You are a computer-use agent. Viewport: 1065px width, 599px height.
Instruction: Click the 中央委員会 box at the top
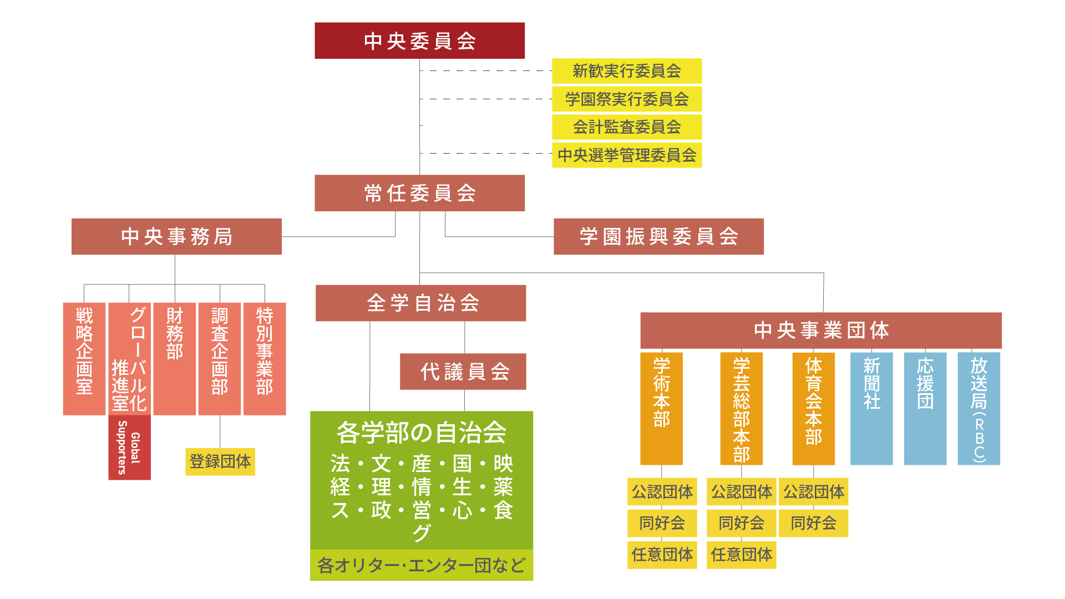pyautogui.click(x=419, y=40)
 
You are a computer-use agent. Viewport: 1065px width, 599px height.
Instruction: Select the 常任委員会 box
pyautogui.click(x=419, y=193)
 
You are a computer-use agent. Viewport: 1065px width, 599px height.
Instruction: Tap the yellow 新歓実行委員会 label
pyautogui.click(x=627, y=71)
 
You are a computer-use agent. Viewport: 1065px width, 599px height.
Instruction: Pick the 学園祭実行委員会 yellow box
pyautogui.click(x=627, y=99)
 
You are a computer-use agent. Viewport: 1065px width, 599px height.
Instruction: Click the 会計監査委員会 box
pyautogui.click(x=627, y=127)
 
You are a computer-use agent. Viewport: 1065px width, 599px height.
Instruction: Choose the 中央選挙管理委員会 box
pyautogui.click(x=627, y=155)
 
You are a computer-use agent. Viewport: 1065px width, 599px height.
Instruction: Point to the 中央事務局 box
pyautogui.click(x=176, y=236)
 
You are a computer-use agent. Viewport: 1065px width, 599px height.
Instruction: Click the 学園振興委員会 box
pyautogui.click(x=658, y=236)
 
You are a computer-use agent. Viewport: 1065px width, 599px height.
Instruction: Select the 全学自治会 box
pyautogui.click(x=420, y=303)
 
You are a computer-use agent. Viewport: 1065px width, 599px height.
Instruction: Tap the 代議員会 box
pyautogui.click(x=463, y=372)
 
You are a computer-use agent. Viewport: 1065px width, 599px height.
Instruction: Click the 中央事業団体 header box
pyautogui.click(x=821, y=330)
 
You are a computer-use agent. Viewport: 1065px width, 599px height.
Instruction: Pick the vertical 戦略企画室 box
pyautogui.click(x=84, y=358)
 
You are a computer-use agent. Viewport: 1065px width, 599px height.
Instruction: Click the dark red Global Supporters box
pyautogui.click(x=129, y=448)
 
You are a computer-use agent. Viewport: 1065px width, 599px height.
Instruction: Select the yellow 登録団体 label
pyautogui.click(x=220, y=461)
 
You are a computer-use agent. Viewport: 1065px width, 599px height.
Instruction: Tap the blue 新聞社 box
pyautogui.click(x=871, y=408)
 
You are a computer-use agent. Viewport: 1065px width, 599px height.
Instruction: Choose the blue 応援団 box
pyautogui.click(x=925, y=408)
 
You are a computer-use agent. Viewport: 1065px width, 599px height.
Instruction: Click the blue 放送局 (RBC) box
pyautogui.click(x=979, y=408)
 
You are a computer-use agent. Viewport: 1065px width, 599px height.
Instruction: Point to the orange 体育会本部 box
pyautogui.click(x=814, y=408)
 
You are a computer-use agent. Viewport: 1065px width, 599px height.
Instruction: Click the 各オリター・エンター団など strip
pyautogui.click(x=422, y=565)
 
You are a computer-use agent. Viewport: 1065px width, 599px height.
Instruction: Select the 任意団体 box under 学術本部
pyautogui.click(x=662, y=554)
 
